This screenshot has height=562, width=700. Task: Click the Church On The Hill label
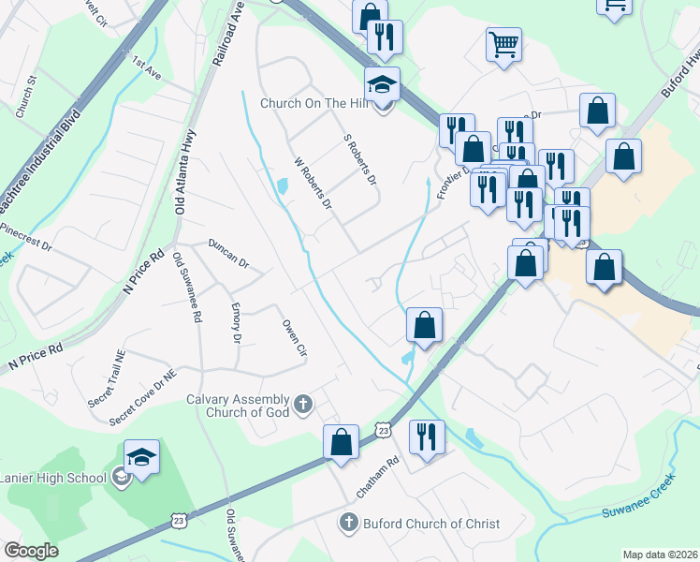(x=317, y=103)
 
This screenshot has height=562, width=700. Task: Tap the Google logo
(x=31, y=551)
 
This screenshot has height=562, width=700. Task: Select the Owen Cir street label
(x=295, y=337)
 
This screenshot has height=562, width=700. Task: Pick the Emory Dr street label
(x=237, y=323)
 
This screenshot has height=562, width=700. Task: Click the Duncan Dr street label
(x=228, y=253)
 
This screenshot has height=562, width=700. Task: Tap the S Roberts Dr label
(x=359, y=158)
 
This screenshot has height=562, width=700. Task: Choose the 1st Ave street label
(x=147, y=69)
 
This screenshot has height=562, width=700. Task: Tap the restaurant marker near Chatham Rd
(x=427, y=436)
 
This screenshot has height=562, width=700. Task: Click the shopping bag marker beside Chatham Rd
(x=342, y=442)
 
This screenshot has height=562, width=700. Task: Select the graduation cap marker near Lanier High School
(x=141, y=458)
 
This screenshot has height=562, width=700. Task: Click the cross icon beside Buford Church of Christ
(x=348, y=523)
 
